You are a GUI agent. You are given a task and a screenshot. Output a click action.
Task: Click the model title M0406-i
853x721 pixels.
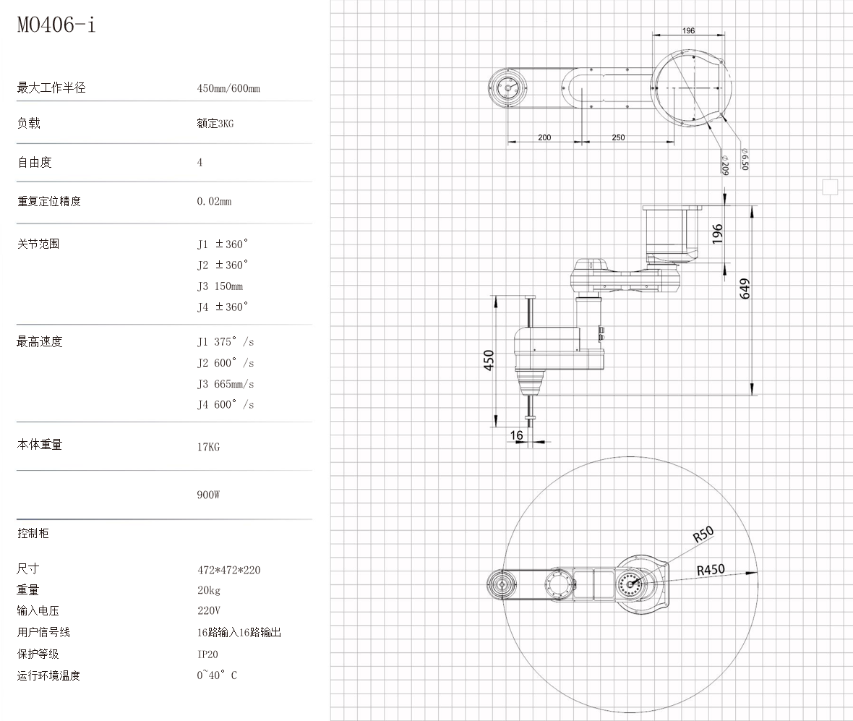coord(56,26)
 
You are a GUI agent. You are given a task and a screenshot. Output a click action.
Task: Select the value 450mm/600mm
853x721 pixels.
coord(228,88)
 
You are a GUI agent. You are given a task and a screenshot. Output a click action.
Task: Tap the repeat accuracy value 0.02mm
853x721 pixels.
coord(214,201)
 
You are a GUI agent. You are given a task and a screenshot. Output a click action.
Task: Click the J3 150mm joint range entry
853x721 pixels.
coord(220,286)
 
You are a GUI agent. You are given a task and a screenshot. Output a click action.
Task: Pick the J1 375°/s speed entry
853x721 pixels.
coord(226,342)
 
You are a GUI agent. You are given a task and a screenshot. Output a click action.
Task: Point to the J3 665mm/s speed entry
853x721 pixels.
coord(226,384)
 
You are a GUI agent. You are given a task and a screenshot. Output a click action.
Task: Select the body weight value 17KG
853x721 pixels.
coord(208,447)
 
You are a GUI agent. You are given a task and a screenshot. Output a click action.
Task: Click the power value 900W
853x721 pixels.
coord(208,495)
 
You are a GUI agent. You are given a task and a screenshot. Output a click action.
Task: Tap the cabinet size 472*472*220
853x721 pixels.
coord(228,570)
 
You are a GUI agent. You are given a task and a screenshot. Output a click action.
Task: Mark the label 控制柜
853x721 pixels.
coord(33,534)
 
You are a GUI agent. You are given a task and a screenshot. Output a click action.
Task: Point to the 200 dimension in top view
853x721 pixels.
coord(544,137)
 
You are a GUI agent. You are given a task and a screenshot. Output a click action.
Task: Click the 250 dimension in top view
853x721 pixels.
coord(619,137)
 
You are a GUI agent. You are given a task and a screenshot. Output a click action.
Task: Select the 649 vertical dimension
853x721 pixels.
coord(745,289)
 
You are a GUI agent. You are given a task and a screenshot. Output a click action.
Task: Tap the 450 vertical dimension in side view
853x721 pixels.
coord(489,360)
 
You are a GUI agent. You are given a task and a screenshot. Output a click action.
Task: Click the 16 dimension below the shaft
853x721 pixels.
coord(517,435)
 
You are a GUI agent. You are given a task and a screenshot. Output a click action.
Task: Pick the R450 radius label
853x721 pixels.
coord(711,570)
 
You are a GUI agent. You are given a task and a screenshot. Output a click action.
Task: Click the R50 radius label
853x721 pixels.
coord(703,534)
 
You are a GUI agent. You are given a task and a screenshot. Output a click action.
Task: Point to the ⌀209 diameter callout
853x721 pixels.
coord(724,165)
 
